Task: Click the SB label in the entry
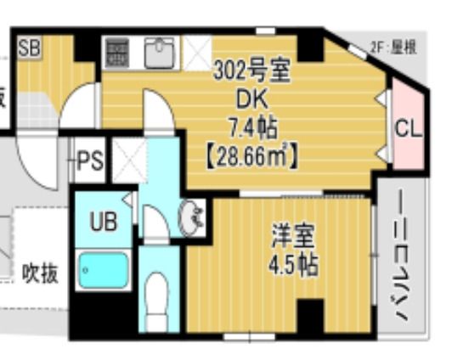(x=29, y=46)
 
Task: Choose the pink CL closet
(x=407, y=129)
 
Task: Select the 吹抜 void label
(x=40, y=274)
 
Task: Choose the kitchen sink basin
(x=160, y=53)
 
